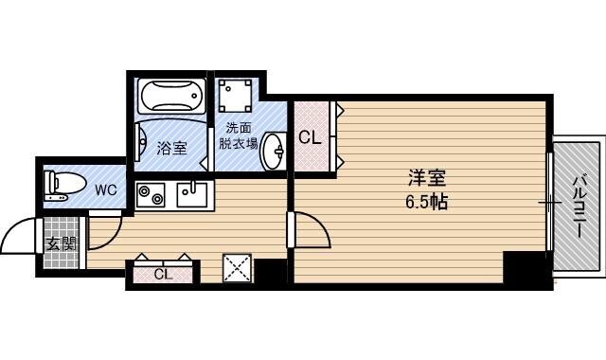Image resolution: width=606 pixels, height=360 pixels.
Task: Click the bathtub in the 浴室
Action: tap(171, 96)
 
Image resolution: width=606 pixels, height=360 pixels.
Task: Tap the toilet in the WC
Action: tap(64, 186)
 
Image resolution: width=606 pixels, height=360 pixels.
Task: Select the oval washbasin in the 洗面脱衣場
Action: tap(274, 152)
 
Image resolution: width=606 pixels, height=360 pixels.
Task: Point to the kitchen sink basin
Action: tap(192, 194)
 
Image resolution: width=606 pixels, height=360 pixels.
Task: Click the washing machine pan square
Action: tap(235, 96)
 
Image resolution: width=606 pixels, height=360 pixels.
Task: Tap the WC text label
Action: tap(106, 189)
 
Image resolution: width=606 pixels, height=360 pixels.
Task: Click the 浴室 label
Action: tap(171, 148)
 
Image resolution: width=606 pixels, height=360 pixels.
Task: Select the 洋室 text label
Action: tap(427, 178)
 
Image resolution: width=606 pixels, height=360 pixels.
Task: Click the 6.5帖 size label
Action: tap(427, 201)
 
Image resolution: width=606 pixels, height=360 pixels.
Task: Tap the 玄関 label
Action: tap(62, 244)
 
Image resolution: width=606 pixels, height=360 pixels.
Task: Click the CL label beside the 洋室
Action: tap(311, 137)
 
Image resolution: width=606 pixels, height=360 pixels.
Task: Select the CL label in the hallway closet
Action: tap(163, 274)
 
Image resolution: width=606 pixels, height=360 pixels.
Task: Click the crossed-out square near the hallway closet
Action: tap(238, 268)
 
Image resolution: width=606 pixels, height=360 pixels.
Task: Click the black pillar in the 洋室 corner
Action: tap(526, 269)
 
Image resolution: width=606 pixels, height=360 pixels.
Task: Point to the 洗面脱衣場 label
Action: tap(238, 135)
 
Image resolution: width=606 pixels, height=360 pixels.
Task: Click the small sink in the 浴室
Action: tap(141, 141)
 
